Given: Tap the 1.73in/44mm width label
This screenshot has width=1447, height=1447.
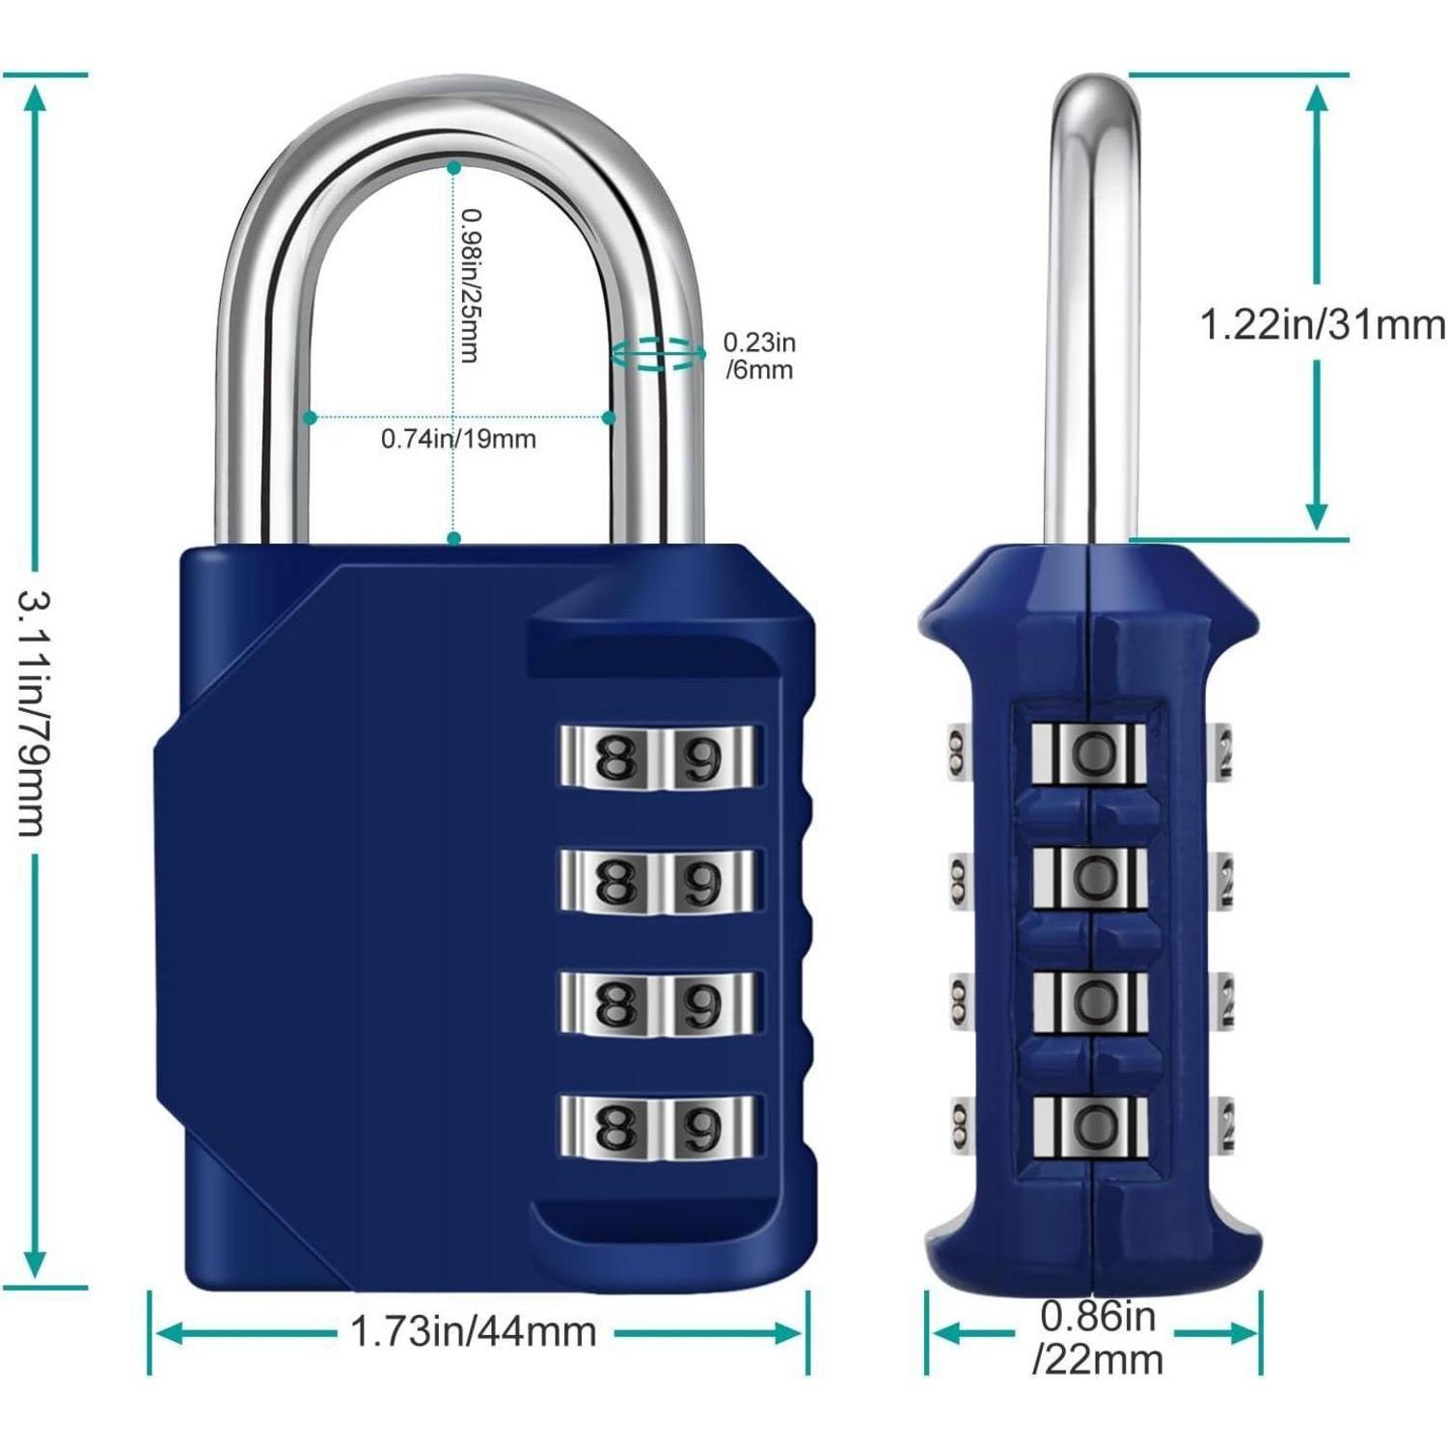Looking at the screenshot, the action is [473, 1332].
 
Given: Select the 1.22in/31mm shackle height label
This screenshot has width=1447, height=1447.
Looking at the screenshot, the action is [1323, 325].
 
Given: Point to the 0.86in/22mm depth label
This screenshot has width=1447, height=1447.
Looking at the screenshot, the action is [1098, 1337].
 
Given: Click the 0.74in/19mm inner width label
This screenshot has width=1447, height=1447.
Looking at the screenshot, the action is [458, 440].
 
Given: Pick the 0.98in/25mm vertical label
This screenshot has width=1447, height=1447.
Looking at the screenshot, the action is [470, 286].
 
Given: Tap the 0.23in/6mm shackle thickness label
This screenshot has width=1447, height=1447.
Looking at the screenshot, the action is [759, 356].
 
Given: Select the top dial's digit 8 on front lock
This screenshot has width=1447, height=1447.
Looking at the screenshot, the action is [616, 759].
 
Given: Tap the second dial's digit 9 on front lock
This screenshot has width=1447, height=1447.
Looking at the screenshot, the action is [701, 882].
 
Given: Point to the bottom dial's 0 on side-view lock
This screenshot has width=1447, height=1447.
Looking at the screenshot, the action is [1093, 1125].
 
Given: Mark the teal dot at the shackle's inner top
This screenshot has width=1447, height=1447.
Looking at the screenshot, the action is [453, 167].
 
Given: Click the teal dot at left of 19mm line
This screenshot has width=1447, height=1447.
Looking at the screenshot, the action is [310, 418].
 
